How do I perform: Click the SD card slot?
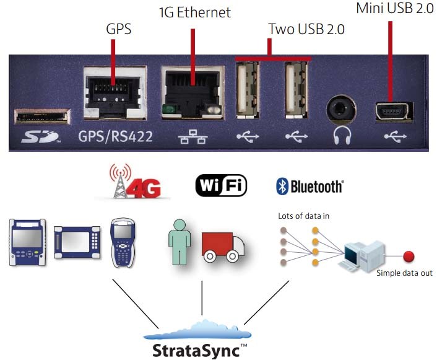42,116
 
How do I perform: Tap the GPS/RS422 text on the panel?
115,136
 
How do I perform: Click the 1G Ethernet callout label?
195,12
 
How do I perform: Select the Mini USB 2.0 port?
394,112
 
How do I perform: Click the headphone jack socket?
341,109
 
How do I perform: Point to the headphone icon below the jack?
342,135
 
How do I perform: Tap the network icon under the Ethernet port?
193,137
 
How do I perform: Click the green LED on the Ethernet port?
168,108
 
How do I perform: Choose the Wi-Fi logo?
222,185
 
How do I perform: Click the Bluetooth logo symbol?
282,186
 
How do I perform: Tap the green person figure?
180,242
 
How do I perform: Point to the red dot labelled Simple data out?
409,256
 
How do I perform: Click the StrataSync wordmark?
196,351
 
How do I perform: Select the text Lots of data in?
303,216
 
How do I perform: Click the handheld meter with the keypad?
123,243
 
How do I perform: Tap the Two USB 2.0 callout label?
306,29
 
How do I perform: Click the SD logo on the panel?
41,136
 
